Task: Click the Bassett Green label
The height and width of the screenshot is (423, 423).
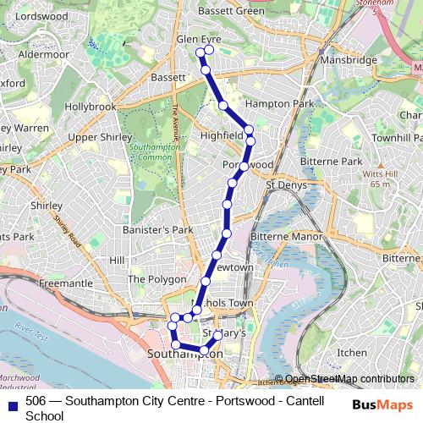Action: [230, 11]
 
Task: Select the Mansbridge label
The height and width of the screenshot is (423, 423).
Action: [343, 61]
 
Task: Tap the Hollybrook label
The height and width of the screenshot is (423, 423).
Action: [90, 107]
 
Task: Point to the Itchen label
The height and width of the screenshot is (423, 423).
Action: [352, 351]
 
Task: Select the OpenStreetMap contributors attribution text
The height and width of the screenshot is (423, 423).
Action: [349, 378]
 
